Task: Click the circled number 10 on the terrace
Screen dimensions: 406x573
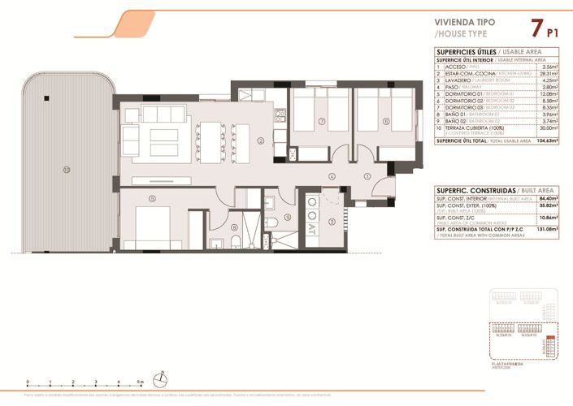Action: [x=66, y=170]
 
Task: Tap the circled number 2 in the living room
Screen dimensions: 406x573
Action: [x=260, y=140]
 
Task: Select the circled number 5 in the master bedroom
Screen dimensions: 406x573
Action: [x=152, y=199]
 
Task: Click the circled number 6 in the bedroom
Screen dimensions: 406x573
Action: [x=386, y=122]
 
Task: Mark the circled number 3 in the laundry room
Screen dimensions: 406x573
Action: [x=332, y=221]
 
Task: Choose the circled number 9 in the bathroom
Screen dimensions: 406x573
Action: [x=276, y=219]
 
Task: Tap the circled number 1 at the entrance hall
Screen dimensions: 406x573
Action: [x=367, y=175]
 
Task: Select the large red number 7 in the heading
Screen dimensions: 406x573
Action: [x=535, y=29]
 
